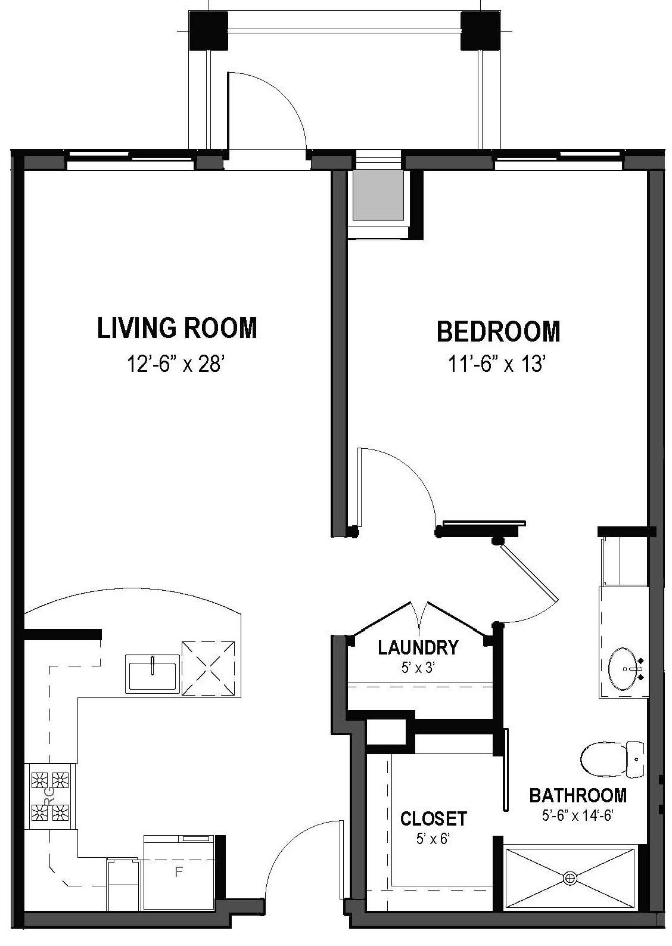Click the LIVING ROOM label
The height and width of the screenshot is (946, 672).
pos(177,328)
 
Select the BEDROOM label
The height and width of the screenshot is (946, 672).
pos(499,331)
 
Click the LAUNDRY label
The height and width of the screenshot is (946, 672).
pos(418,647)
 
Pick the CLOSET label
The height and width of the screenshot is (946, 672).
pos(433,818)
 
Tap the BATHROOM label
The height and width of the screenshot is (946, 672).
pos(578,795)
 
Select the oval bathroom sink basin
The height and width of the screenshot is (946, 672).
pos(624,670)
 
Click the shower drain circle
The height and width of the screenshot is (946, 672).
pos(571,878)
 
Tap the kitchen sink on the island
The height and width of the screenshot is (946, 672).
pos(153,673)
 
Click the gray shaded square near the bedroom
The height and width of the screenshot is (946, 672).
pos(378,196)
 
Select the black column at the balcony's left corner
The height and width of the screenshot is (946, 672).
pos(208,30)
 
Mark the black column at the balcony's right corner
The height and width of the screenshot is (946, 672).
pos(479,30)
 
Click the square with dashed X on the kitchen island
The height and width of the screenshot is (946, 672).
pos(209,668)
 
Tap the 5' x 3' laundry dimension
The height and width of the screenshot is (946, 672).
pos(419,668)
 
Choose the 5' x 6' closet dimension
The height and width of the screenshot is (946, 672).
pos(433,839)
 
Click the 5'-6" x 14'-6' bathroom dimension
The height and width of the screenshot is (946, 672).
pos(578,815)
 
